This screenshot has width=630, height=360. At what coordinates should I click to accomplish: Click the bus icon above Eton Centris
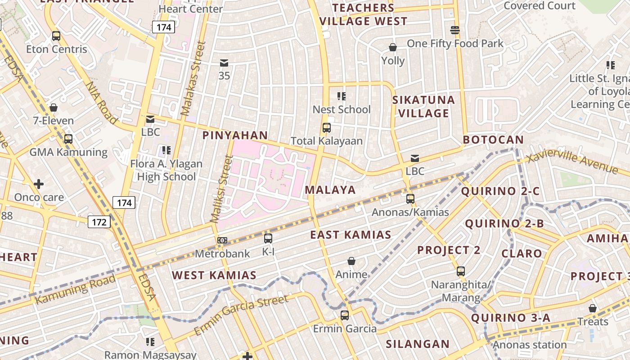click(56, 36)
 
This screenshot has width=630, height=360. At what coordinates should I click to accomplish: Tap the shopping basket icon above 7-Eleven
click(54, 108)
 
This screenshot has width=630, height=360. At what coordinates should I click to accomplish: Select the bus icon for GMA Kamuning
click(68, 139)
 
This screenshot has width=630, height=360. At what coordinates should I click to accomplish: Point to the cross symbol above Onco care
click(39, 184)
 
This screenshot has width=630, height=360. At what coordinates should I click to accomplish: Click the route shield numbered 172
click(99, 222)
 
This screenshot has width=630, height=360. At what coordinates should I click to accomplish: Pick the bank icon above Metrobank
click(222, 240)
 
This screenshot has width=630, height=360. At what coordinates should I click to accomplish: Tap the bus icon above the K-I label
click(268, 238)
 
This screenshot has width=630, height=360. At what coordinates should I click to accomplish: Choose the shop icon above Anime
click(351, 261)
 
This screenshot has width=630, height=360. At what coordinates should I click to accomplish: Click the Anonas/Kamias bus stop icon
click(410, 199)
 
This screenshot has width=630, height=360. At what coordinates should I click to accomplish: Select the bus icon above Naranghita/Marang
click(461, 271)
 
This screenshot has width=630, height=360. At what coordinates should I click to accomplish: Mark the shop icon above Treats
click(593, 309)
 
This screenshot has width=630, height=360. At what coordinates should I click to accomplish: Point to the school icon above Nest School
click(342, 96)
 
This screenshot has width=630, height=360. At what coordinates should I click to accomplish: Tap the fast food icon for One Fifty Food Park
click(455, 30)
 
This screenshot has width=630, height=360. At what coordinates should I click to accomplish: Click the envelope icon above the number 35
click(224, 63)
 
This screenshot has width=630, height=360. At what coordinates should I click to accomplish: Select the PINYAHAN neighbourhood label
click(235, 135)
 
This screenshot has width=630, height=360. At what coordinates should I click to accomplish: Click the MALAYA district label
click(330, 190)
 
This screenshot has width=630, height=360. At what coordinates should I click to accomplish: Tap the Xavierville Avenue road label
click(572, 162)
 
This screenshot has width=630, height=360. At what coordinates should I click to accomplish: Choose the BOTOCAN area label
click(493, 140)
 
